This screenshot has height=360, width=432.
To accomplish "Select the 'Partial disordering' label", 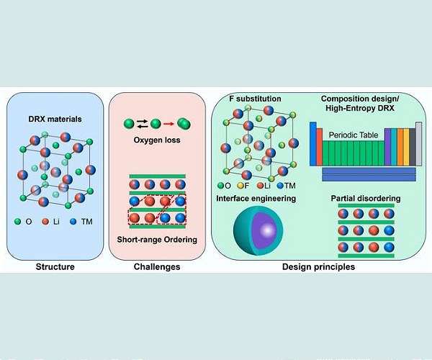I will click(366, 197).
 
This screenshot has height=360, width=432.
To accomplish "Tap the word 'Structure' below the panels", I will click(56, 267).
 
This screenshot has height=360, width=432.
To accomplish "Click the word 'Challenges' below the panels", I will click(157, 267).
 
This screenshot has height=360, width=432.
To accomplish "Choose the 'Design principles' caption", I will click(318, 267).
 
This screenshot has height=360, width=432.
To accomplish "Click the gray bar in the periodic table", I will click(418, 145).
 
